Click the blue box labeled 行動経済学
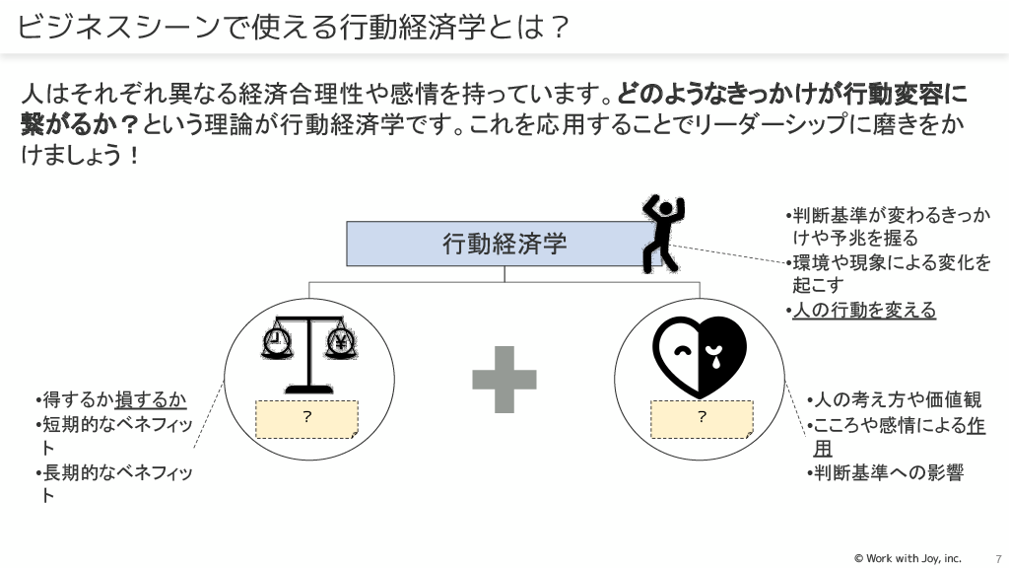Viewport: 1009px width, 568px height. pyautogui.click(x=504, y=244)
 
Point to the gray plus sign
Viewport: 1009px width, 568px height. pyautogui.click(x=504, y=380)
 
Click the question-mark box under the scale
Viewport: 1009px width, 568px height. pyautogui.click(x=307, y=419)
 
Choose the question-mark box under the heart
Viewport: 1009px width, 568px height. pyautogui.click(x=702, y=419)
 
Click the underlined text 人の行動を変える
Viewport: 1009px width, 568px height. pyautogui.click(x=864, y=311)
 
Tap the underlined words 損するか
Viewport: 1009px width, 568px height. pyautogui.click(x=151, y=399)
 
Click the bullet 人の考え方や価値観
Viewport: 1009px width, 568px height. pyautogui.click(x=894, y=399)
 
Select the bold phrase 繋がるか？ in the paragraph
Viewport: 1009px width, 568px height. pyautogui.click(x=81, y=125)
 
